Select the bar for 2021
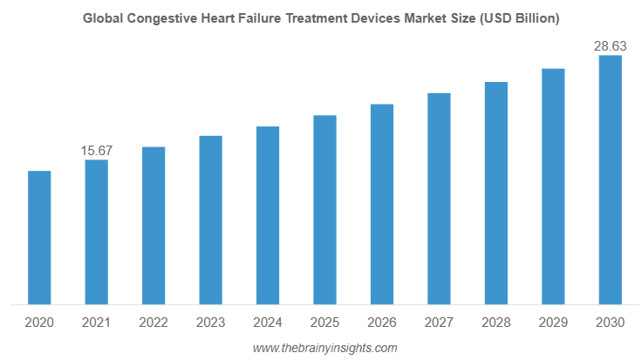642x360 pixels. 96,233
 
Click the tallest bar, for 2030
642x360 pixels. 610,180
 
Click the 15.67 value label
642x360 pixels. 96,151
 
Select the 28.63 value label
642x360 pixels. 610,46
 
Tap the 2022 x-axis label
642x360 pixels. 154,323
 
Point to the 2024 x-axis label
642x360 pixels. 267,323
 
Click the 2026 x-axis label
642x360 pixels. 381,323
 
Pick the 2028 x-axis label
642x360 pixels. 495,323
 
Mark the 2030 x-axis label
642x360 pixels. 610,323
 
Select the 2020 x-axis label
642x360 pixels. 39,323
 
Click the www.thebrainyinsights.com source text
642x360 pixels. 324,348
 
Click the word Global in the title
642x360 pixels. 103,17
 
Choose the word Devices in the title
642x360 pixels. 369,17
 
